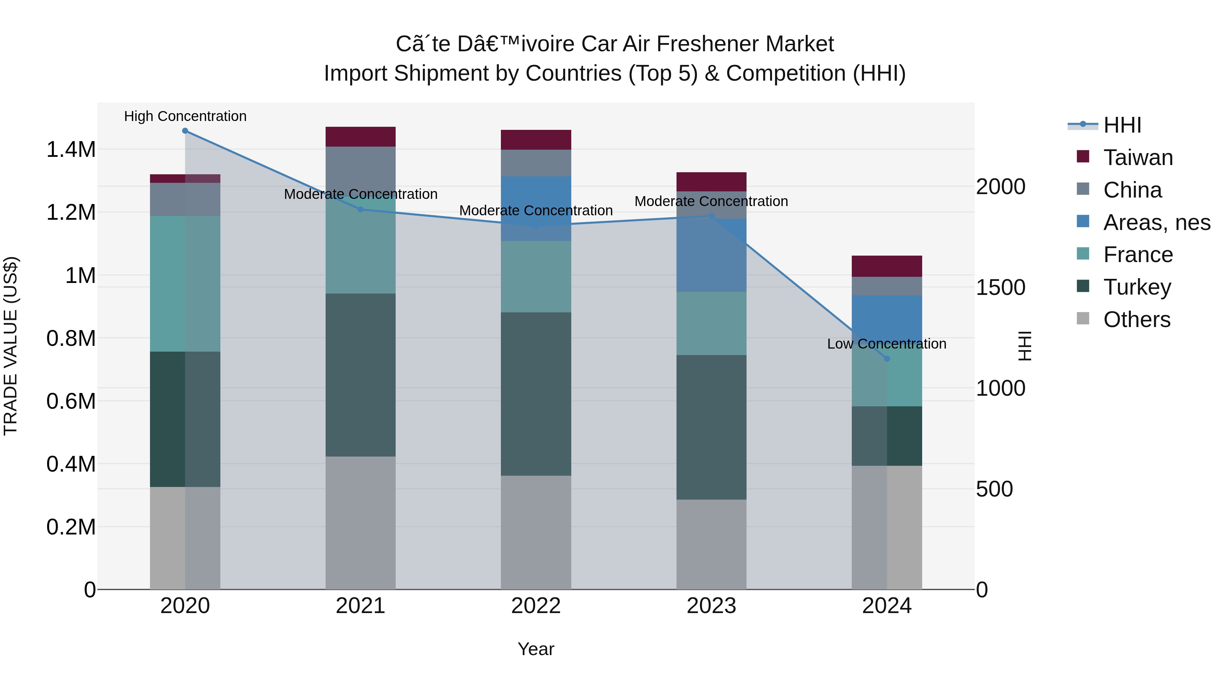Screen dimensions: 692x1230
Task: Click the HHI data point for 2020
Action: click(x=185, y=131)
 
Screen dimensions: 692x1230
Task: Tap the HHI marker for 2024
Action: click(x=887, y=359)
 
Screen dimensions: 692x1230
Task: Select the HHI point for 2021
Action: click(x=360, y=209)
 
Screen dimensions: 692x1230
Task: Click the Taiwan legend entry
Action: click(x=1138, y=158)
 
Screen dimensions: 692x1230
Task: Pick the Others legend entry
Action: click(x=1136, y=320)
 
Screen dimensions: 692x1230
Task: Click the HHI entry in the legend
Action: click(x=1122, y=125)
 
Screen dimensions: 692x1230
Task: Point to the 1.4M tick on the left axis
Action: click(x=71, y=149)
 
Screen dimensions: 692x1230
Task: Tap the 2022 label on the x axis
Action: click(x=536, y=606)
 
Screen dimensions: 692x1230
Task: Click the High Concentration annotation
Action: click(x=185, y=117)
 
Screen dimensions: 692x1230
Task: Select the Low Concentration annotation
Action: click(x=887, y=344)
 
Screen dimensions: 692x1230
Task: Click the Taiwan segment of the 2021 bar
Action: click(x=360, y=137)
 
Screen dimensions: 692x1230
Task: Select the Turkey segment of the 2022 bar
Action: click(x=536, y=394)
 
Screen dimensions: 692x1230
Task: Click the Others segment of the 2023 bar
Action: click(x=711, y=544)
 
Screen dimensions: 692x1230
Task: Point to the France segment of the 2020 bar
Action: click(x=185, y=284)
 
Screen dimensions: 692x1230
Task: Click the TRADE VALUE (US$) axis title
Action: click(x=11, y=346)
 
